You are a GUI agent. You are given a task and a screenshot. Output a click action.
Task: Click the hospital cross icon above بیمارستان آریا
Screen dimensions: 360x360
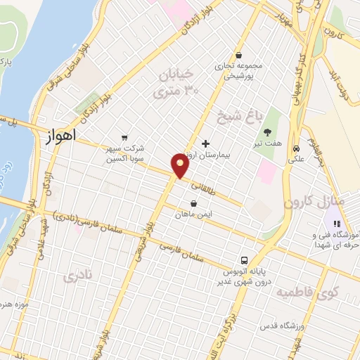(205, 143)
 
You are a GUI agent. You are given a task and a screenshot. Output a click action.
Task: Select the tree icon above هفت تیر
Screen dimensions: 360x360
(267, 131)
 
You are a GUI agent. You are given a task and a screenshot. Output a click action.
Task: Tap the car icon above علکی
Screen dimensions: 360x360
(297, 149)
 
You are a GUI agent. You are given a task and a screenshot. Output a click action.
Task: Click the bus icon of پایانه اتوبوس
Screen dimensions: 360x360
(244, 259)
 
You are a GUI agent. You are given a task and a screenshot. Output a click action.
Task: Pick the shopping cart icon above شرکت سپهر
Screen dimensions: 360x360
(124, 138)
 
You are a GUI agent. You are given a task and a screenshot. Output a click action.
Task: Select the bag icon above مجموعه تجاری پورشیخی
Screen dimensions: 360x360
(239, 55)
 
